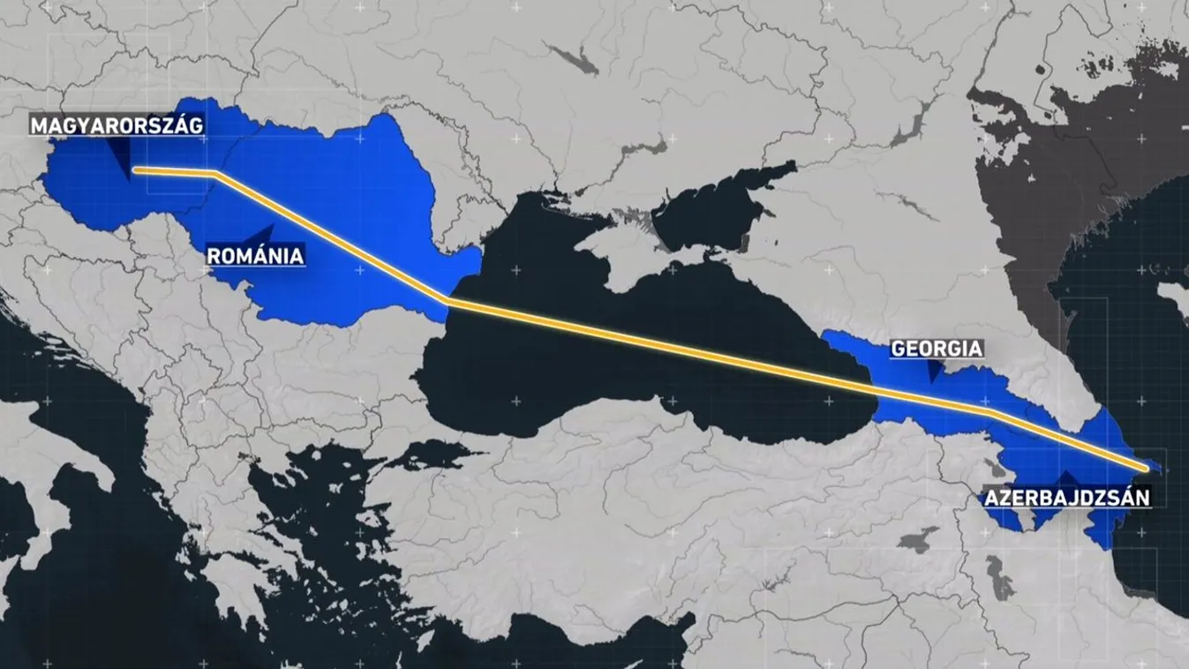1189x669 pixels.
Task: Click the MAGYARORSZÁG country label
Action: tap(117, 125)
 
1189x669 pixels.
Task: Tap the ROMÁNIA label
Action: tap(255, 256)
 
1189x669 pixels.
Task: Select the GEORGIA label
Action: tap(936, 349)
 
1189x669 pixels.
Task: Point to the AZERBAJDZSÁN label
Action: tap(1067, 497)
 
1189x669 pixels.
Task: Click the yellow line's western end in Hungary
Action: tap(136, 169)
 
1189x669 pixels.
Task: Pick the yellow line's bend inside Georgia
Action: tap(990, 411)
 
